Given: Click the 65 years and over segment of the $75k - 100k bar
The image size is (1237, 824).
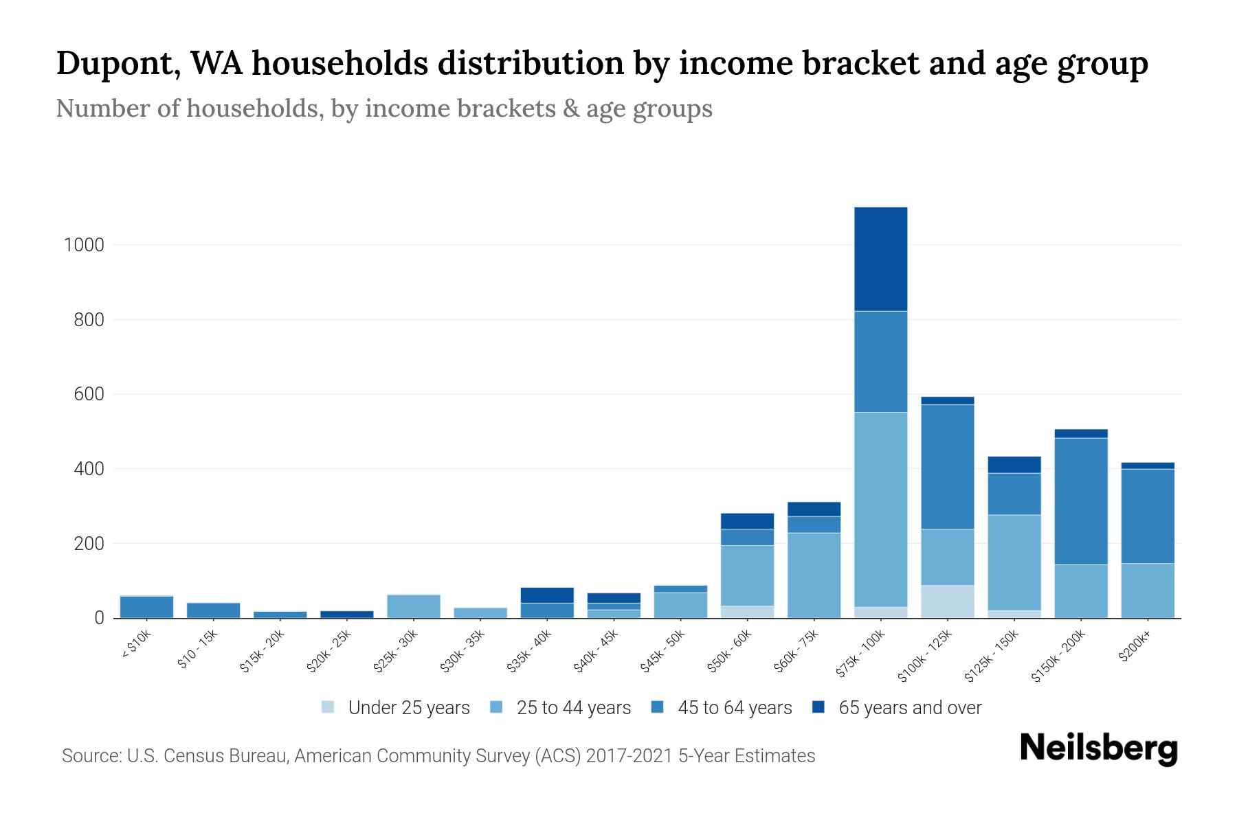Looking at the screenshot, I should pyautogui.click(x=880, y=259).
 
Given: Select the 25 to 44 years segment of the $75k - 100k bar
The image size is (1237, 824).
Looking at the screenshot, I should pyautogui.click(x=880, y=509).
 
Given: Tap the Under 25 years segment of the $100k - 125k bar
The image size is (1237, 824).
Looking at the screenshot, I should pyautogui.click(x=947, y=602).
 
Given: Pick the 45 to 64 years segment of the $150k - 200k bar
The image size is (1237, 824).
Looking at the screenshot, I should pyautogui.click(x=1081, y=501).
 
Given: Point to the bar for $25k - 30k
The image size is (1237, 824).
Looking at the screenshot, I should pyautogui.click(x=414, y=606).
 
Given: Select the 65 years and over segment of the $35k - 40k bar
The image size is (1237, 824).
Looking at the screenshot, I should pyautogui.click(x=547, y=595).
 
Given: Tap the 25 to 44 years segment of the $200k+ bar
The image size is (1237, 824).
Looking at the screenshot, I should pyautogui.click(x=1148, y=591).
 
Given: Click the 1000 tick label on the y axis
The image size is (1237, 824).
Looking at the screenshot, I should pyautogui.click(x=84, y=245).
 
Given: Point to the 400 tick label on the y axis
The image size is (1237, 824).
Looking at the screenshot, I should pyautogui.click(x=89, y=469).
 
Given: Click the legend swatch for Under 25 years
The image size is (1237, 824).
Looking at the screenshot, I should pyautogui.click(x=328, y=707).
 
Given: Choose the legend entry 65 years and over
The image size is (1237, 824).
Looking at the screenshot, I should pyautogui.click(x=909, y=708).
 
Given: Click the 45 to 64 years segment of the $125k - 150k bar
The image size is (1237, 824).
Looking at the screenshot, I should pyautogui.click(x=1014, y=494).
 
